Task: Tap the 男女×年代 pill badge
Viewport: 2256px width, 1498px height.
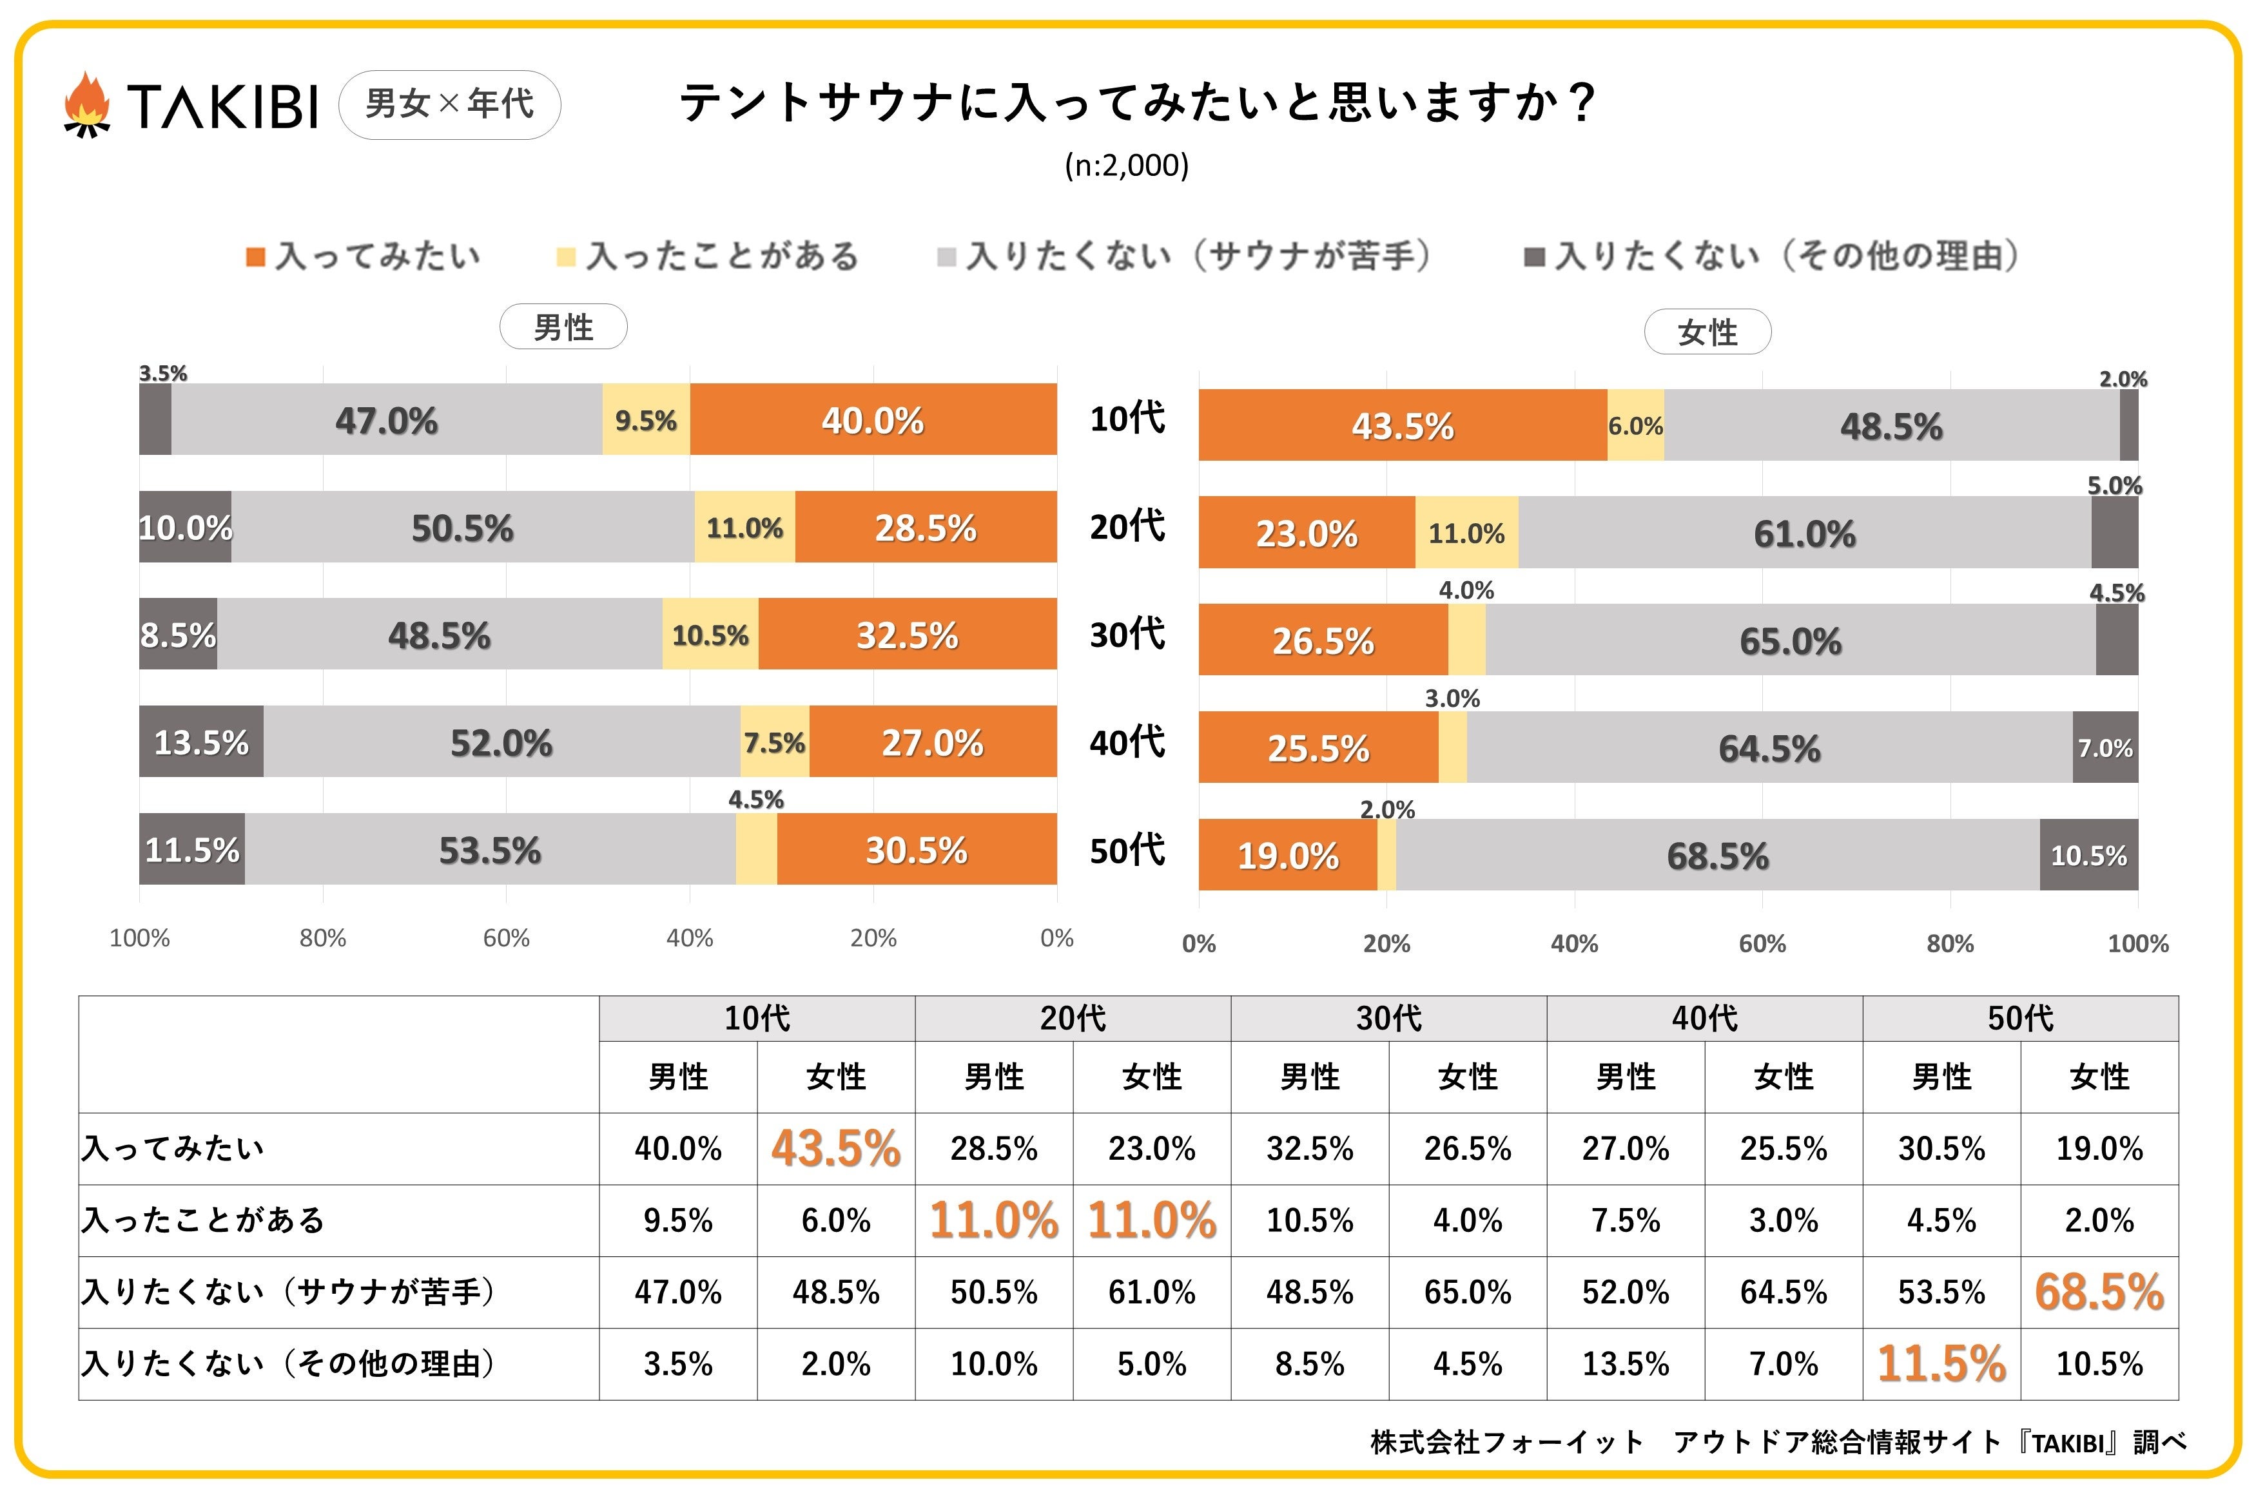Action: coord(449,104)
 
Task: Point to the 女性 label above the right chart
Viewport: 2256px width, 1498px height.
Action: coord(1707,332)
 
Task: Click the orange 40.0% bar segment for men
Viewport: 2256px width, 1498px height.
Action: coord(872,420)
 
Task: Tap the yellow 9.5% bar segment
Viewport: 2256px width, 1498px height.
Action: coord(646,420)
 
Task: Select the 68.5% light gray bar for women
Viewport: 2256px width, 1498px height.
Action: coord(1717,855)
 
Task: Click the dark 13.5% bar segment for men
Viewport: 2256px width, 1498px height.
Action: coord(200,742)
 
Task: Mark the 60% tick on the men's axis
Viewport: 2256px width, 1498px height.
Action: coord(505,938)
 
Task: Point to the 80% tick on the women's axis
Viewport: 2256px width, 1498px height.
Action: coord(1949,944)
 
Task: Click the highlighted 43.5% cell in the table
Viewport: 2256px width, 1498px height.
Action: coord(835,1148)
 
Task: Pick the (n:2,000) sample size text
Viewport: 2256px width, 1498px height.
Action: coord(1127,166)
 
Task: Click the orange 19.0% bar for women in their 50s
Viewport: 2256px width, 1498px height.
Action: coord(1287,855)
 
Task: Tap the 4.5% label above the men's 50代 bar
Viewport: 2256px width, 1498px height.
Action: coord(756,800)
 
